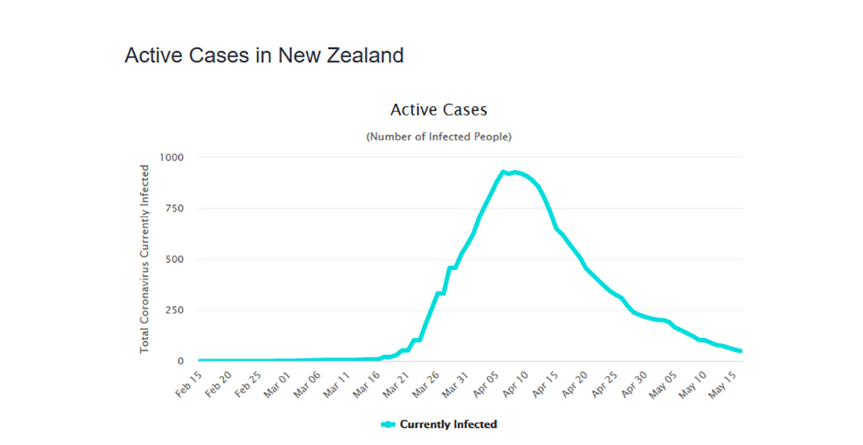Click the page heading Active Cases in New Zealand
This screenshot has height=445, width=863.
click(264, 55)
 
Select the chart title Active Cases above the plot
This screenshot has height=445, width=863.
click(439, 109)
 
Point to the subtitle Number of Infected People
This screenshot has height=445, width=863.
click(439, 136)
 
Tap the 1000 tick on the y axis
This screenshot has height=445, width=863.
click(172, 157)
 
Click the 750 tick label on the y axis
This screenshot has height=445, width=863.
click(175, 208)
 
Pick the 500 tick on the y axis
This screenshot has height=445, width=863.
click(175, 259)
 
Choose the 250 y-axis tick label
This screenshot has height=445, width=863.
click(175, 310)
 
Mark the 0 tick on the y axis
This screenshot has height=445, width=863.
click(181, 361)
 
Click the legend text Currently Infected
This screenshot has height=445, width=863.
click(448, 424)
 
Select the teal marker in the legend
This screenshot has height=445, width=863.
click(388, 424)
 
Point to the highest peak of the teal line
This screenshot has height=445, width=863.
click(503, 172)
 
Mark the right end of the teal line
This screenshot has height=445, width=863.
click(741, 351)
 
